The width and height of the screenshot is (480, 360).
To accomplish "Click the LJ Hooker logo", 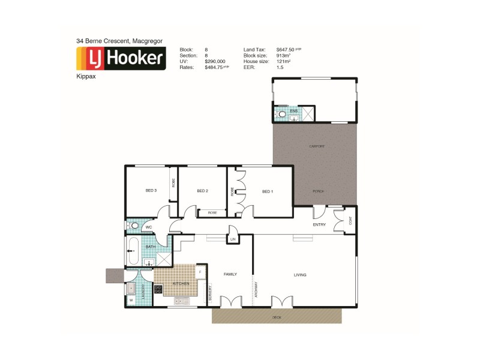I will pyautogui.click(x=121, y=58).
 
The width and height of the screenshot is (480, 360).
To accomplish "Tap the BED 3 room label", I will pyautogui.click(x=151, y=191).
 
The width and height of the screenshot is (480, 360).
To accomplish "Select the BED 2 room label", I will pyautogui.click(x=202, y=191).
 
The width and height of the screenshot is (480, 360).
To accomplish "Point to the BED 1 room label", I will pyautogui.click(x=268, y=191).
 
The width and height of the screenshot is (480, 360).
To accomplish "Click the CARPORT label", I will pyautogui.click(x=317, y=146).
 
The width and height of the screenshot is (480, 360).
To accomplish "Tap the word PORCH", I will pyautogui.click(x=318, y=191).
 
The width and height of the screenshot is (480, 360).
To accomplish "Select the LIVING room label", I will pyautogui.click(x=300, y=275).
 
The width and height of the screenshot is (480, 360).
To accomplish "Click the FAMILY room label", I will pyautogui.click(x=230, y=274).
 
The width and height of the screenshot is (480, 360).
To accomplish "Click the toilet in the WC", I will pyautogui.click(x=134, y=226).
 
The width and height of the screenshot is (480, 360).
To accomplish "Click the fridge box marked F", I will pyautogui.click(x=200, y=272).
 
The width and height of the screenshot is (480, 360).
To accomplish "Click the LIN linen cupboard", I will pyautogui.click(x=232, y=239).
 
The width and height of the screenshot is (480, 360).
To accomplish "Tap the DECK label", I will pyautogui.click(x=276, y=316).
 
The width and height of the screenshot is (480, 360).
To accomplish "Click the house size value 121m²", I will pyautogui.click(x=283, y=61).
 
